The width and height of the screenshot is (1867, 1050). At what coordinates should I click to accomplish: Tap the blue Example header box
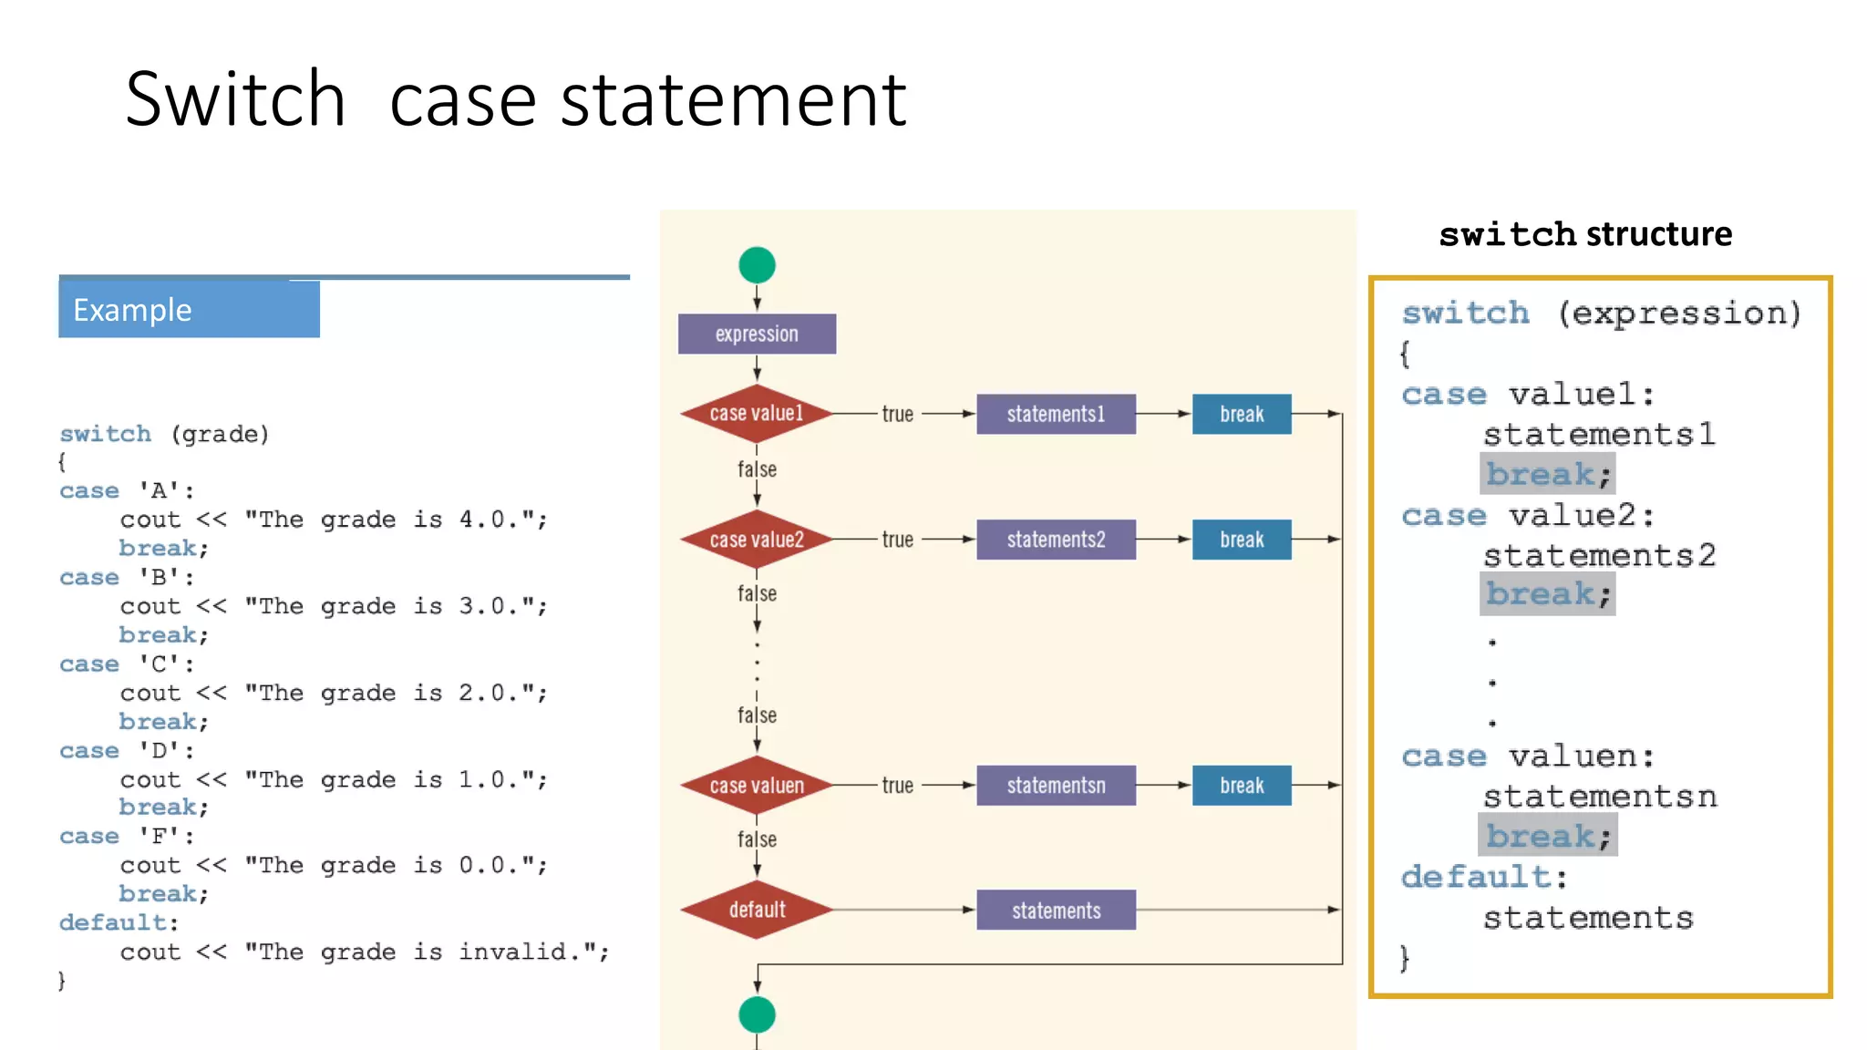[x=189, y=310]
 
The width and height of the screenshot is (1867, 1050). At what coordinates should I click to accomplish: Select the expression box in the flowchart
[x=757, y=334]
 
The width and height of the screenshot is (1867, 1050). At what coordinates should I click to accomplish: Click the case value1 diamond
[x=757, y=414]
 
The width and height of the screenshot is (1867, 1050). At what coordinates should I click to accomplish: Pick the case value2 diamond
[x=757, y=540]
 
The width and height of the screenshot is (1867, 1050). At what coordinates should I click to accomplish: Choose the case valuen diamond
[x=757, y=786]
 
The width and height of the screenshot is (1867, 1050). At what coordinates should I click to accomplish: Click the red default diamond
[x=757, y=910]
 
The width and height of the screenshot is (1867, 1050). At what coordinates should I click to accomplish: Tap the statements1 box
[x=1056, y=414]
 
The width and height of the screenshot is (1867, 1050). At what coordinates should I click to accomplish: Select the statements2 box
[x=1056, y=540]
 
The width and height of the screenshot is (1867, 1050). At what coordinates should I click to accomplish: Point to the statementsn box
[x=1056, y=786]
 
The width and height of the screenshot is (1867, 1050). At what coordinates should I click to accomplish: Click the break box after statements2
[x=1242, y=540]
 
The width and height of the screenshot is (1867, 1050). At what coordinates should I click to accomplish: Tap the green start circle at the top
[x=757, y=265]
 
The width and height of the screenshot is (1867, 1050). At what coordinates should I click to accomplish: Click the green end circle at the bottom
[x=757, y=1014]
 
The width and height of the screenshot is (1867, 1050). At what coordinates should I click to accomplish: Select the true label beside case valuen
[x=897, y=786]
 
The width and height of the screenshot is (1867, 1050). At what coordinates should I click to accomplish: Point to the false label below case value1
[x=757, y=469]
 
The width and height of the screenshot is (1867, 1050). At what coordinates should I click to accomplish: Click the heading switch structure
[x=1585, y=234]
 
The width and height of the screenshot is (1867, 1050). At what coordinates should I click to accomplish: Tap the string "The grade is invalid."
[x=427, y=952]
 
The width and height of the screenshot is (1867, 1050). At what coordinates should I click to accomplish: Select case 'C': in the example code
[x=127, y=664]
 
